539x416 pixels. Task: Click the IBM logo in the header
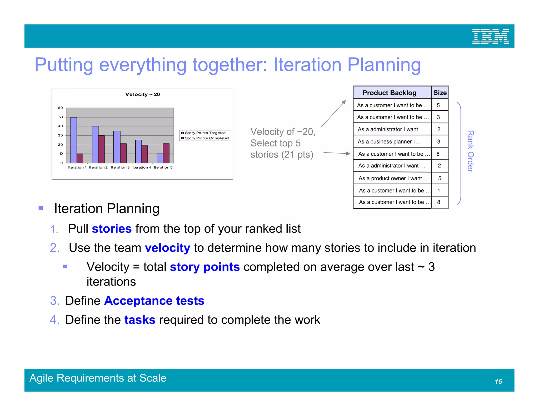[490, 36]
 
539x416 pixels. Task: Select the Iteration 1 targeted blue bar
[74, 140]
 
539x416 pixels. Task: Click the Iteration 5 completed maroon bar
[166, 153]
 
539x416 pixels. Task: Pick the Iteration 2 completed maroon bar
[101, 149]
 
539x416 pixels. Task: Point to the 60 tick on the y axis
[61, 108]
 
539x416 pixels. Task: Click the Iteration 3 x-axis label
[120, 167]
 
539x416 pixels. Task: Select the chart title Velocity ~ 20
[142, 94]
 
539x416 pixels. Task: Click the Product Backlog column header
[389, 93]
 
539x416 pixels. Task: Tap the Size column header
[440, 93]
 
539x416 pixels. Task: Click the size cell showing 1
[439, 190]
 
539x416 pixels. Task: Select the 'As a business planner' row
[390, 141]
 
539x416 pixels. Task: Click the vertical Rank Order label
[470, 151]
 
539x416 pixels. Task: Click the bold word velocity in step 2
[167, 248]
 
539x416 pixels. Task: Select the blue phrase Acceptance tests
[154, 301]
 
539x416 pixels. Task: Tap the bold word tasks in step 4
[140, 320]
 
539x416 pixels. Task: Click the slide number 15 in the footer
[498, 382]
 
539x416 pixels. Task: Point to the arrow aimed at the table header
[334, 114]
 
